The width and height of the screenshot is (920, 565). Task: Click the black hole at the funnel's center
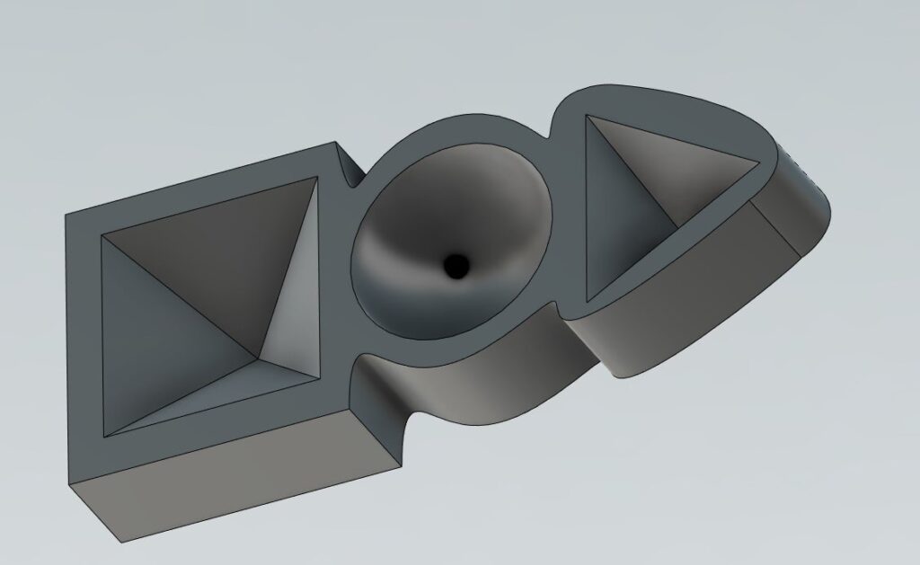click(456, 265)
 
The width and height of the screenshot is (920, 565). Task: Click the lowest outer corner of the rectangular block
click(118, 542)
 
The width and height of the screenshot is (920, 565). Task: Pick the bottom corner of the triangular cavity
click(588, 299)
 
